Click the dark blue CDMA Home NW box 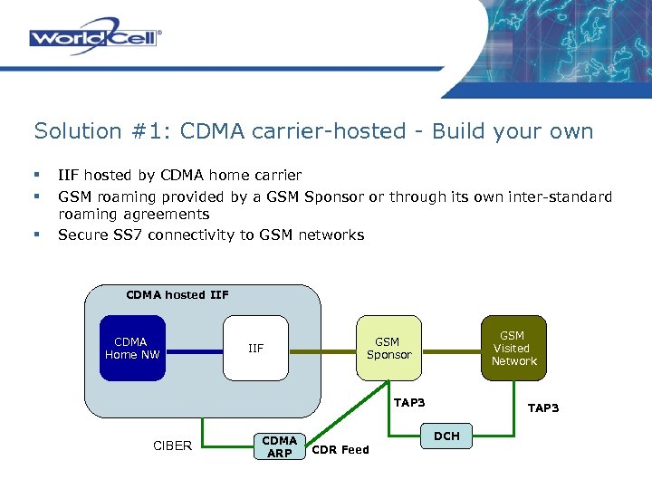point(132,348)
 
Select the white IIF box point(256,348)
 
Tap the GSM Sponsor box point(389,348)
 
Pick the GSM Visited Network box point(513,348)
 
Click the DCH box point(447,436)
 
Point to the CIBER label point(172,446)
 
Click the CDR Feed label point(340,449)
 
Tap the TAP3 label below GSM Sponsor point(409,402)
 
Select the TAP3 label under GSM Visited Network point(543,408)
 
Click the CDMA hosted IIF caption point(177,294)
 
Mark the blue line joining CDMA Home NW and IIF point(195,349)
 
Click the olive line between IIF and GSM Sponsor point(322,349)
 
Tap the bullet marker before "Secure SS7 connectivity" point(37,235)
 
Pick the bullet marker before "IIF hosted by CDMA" point(37,175)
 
